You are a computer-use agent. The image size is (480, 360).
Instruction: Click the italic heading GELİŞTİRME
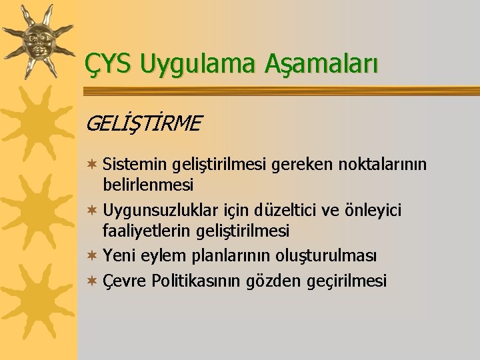[x=143, y=123]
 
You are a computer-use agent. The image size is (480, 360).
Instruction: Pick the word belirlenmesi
[x=148, y=184]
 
